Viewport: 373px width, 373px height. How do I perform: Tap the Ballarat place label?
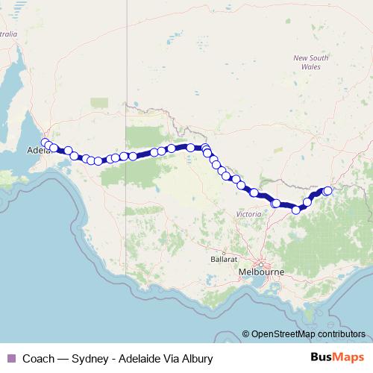(x=224, y=258)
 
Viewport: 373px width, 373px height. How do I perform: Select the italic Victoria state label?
(x=248, y=214)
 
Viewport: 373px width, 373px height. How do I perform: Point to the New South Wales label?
(x=310, y=62)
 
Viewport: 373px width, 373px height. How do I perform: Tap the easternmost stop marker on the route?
(x=327, y=191)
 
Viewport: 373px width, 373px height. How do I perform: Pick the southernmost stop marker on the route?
(x=296, y=210)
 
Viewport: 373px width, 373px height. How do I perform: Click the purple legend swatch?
(x=10, y=358)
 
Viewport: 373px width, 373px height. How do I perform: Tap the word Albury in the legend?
(x=197, y=358)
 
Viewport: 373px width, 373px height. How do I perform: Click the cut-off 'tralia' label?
(x=8, y=34)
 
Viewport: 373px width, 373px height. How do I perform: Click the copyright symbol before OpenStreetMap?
(x=246, y=334)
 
